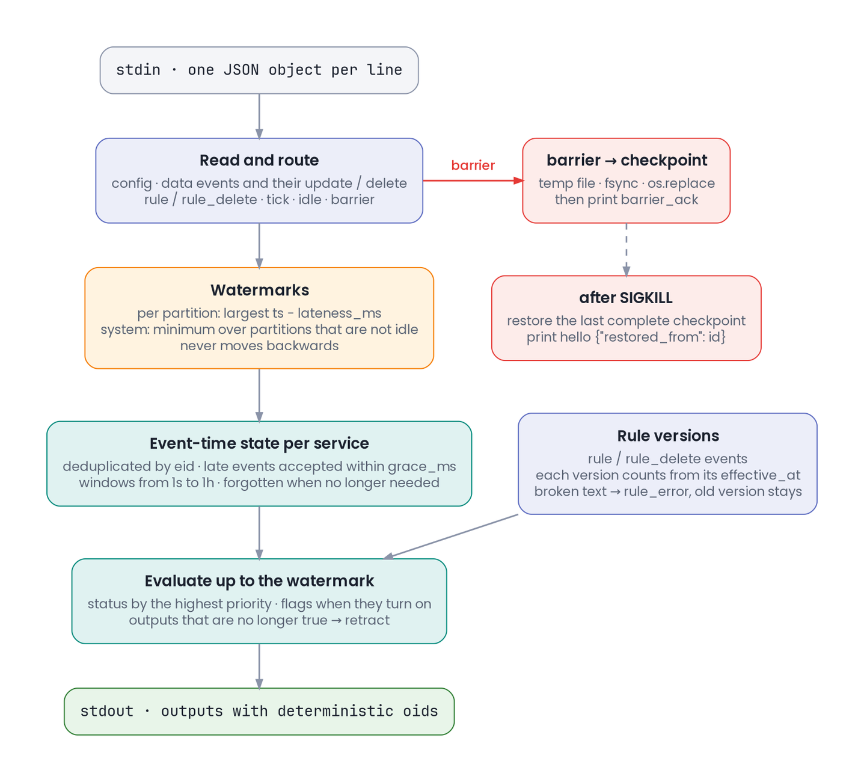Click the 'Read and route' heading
pos(259,160)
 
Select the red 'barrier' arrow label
pos(473,165)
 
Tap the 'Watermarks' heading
pos(259,290)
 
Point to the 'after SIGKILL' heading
pos(625,297)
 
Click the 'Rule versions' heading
pos(667,436)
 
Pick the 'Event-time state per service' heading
pos(259,443)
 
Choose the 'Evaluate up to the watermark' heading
pos(259,580)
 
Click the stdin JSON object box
pos(259,70)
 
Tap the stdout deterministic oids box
pos(259,711)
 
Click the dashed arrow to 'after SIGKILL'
pos(626,249)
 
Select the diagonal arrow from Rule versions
pos(450,537)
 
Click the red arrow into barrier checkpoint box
pos(473,180)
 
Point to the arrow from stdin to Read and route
pos(259,116)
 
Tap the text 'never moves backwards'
pos(259,345)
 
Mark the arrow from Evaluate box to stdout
pos(259,666)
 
